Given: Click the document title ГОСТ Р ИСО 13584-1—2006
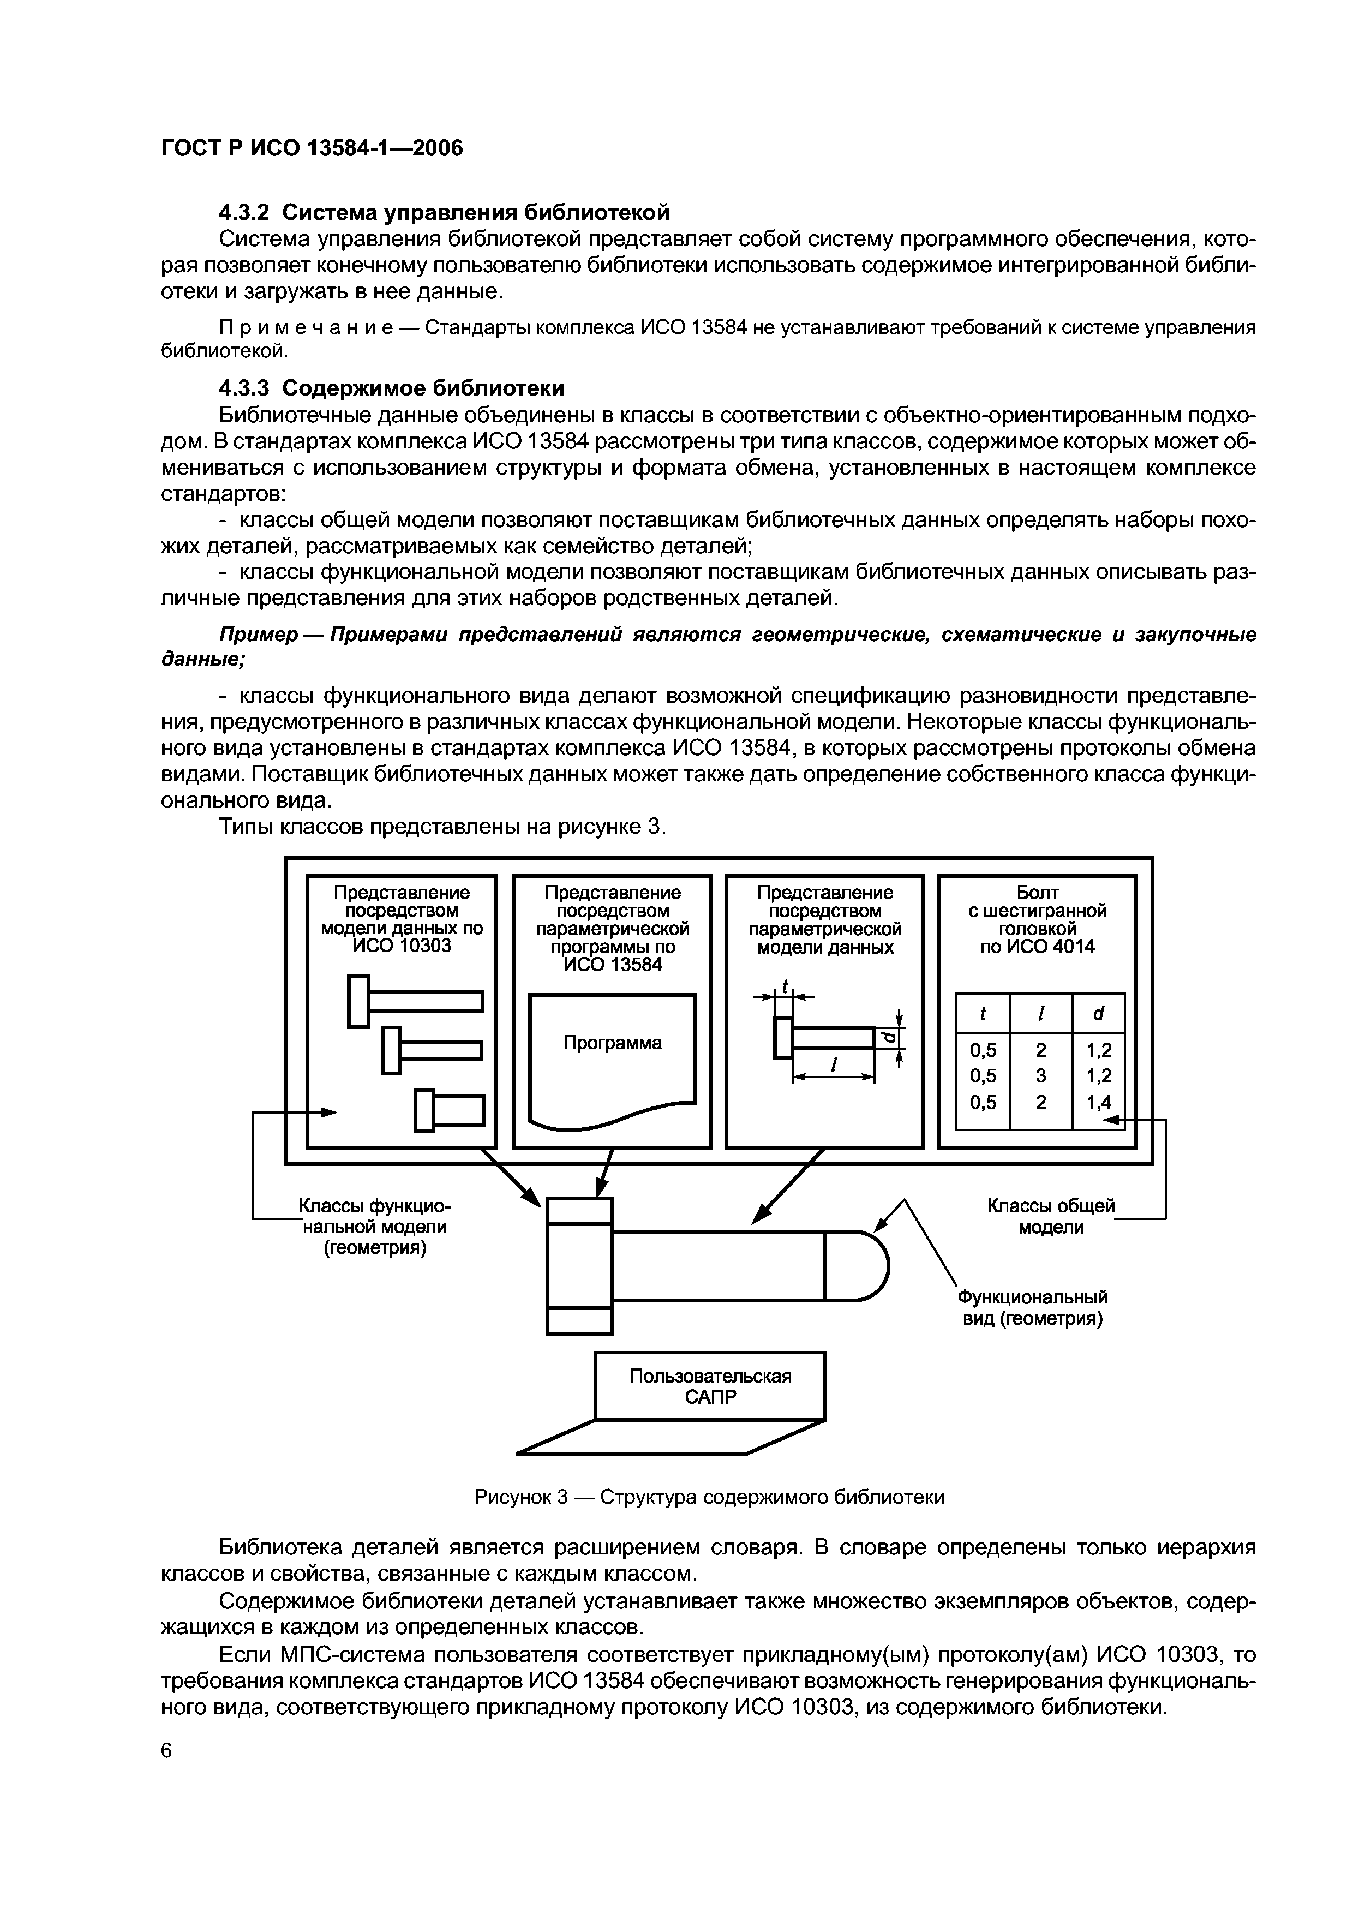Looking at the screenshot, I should click(x=311, y=148).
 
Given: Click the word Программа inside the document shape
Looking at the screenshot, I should click(x=613, y=1043).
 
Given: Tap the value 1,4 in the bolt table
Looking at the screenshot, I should click(x=1099, y=1103).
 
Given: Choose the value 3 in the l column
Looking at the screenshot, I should click(x=1040, y=1076).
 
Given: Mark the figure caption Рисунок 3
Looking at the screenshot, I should click(x=709, y=1497).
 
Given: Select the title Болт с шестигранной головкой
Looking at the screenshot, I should click(x=1037, y=910).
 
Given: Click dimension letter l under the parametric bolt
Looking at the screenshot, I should click(x=833, y=1066).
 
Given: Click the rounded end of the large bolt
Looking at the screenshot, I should click(x=867, y=1265).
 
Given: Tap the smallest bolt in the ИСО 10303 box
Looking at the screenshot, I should click(x=450, y=1110).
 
